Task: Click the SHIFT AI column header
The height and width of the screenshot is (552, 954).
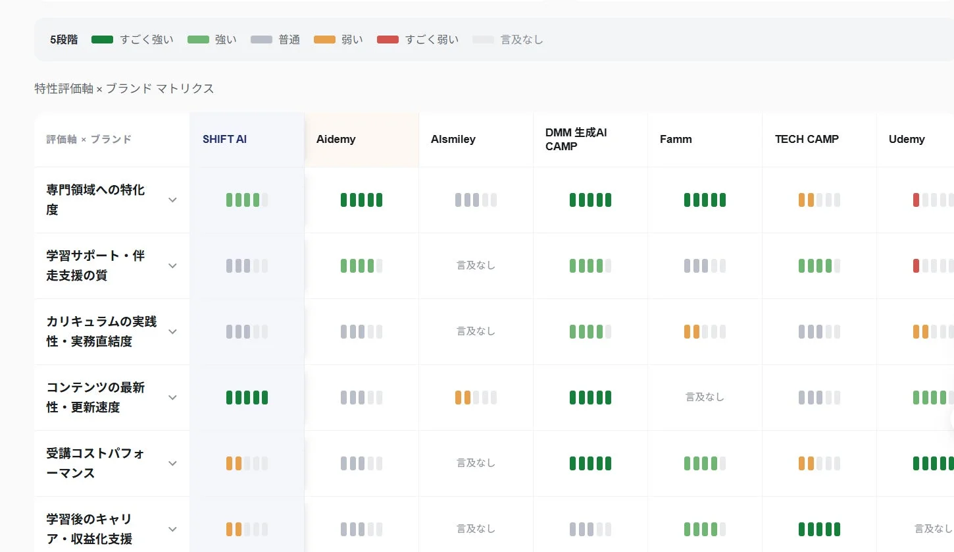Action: [x=224, y=140]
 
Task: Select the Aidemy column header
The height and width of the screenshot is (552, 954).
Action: [x=336, y=140]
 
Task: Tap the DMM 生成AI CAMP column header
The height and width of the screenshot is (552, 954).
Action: [x=576, y=140]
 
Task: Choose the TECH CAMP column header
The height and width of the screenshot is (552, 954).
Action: [x=807, y=140]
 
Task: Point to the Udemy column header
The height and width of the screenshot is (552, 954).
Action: [x=907, y=140]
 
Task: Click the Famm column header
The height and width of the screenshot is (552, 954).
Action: [x=676, y=140]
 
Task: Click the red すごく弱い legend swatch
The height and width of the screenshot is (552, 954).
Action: [x=388, y=40]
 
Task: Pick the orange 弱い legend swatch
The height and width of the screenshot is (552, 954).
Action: [x=324, y=40]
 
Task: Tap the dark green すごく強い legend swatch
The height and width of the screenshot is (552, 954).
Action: [x=102, y=40]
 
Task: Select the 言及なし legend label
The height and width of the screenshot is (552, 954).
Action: [x=522, y=40]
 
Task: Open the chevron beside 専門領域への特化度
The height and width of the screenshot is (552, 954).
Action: [x=172, y=200]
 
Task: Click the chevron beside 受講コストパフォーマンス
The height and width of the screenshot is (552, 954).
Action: [x=172, y=463]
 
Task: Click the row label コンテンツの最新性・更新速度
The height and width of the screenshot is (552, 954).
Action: [x=95, y=397]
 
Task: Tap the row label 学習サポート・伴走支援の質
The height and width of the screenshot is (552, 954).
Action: [x=95, y=265]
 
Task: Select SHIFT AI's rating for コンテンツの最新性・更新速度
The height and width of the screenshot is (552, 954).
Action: [x=247, y=397]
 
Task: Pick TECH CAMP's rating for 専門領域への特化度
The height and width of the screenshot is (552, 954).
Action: [x=819, y=200]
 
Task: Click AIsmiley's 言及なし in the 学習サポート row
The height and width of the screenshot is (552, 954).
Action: [x=476, y=265]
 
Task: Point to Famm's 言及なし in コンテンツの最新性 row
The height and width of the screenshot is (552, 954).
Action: [x=705, y=397]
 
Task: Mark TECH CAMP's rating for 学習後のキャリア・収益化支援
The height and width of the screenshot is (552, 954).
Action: [x=819, y=530]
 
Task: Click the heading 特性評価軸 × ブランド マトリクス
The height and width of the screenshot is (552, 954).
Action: [x=124, y=89]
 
